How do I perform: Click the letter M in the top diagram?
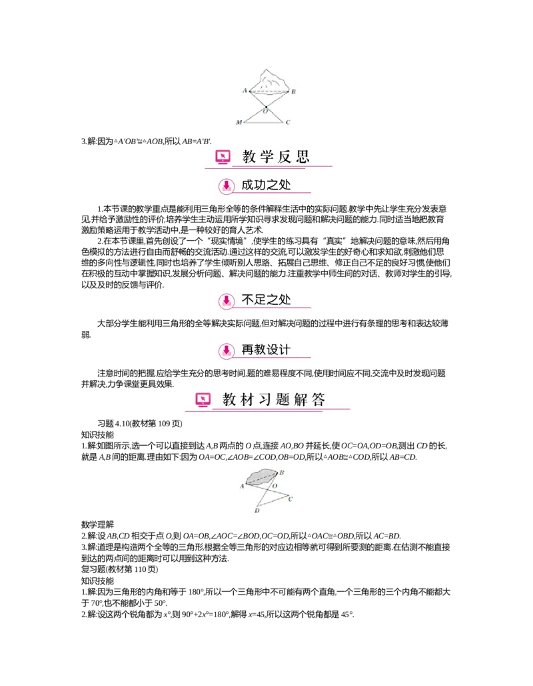239,123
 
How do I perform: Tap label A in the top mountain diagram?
244,90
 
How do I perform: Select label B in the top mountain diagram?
293,91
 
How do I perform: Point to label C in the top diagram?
288,123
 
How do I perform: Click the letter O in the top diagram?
265,112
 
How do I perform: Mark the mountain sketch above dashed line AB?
269,79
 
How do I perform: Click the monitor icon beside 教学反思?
223,157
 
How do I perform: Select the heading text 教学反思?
276,157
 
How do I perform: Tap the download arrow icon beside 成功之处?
227,186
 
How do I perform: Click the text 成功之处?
266,185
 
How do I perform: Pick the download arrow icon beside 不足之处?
227,300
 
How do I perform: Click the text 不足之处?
266,300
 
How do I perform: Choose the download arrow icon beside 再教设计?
227,349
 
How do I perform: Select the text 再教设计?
266,349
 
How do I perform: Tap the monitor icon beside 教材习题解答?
203,400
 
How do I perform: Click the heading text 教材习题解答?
274,400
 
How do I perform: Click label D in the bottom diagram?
257,511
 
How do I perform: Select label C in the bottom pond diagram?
290,499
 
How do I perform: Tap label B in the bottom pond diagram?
282,472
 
